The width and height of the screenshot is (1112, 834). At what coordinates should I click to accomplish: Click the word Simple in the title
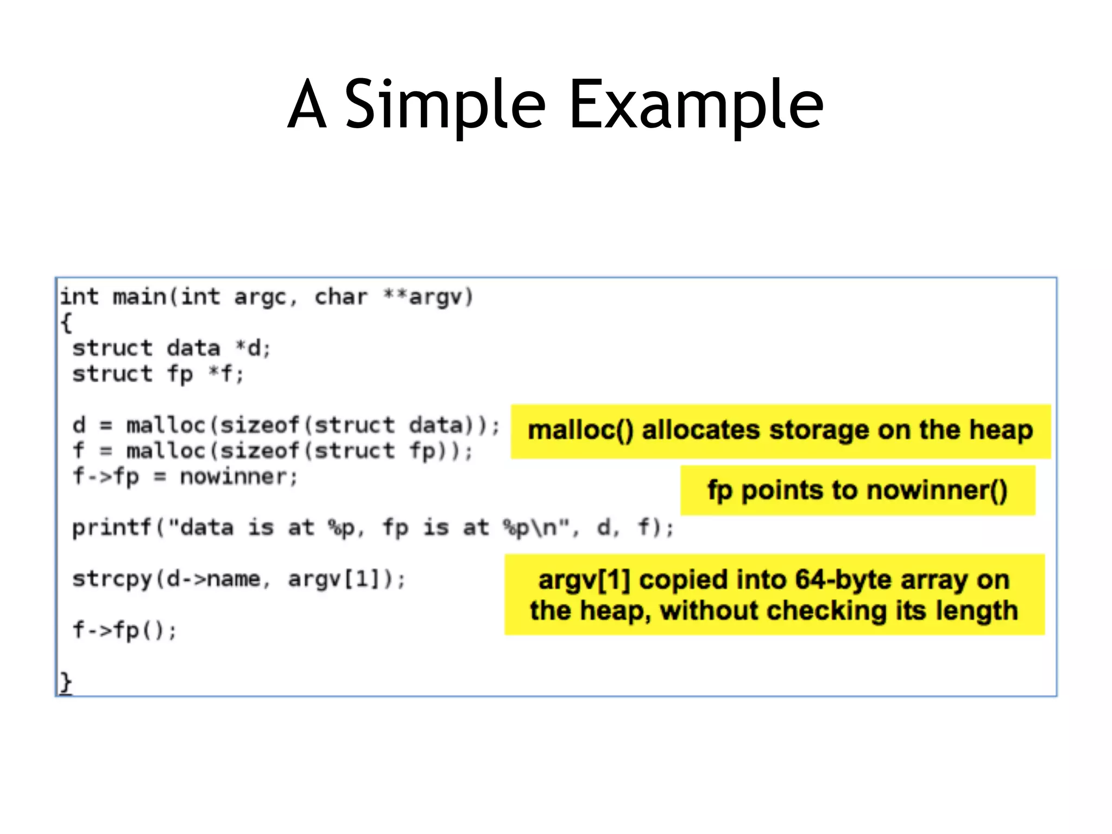(x=445, y=104)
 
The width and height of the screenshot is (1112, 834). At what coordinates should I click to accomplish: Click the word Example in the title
(x=696, y=104)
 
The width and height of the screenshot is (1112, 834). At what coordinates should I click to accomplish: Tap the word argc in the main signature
(x=260, y=297)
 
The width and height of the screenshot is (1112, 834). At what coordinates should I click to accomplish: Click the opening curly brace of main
(x=66, y=323)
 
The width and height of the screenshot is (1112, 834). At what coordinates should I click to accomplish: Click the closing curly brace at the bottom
(x=66, y=682)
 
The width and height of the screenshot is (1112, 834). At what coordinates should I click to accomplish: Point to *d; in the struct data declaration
(x=253, y=348)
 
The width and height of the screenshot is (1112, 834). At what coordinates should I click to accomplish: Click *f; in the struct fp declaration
(x=226, y=374)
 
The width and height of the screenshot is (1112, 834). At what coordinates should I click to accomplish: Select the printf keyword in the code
(x=112, y=528)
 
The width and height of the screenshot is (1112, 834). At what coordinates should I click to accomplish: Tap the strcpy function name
(x=112, y=579)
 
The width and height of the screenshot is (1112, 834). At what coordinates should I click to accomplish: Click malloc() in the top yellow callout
(x=580, y=430)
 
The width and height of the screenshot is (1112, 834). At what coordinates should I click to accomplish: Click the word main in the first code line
(x=140, y=297)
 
